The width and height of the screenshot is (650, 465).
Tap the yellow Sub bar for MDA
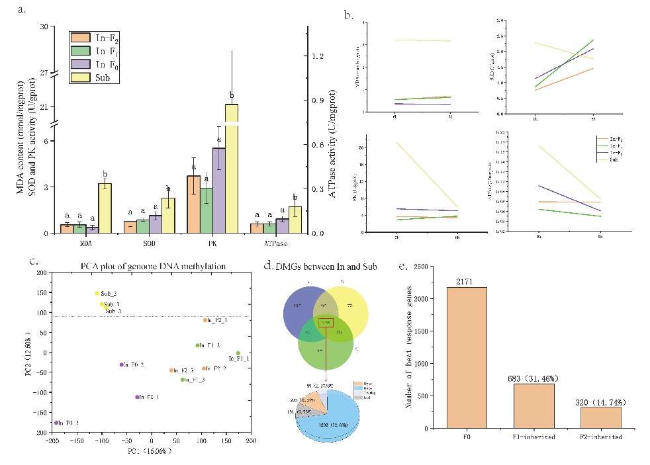click(104, 208)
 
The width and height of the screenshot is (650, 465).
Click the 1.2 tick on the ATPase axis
click(316, 56)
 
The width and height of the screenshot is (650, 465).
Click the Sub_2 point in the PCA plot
click(97, 293)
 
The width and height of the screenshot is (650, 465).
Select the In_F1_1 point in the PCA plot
click(238, 353)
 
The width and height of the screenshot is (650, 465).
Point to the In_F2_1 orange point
click(205, 320)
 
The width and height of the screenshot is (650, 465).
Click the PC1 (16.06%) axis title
click(148, 451)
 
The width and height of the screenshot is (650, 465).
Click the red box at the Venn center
click(326, 322)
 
